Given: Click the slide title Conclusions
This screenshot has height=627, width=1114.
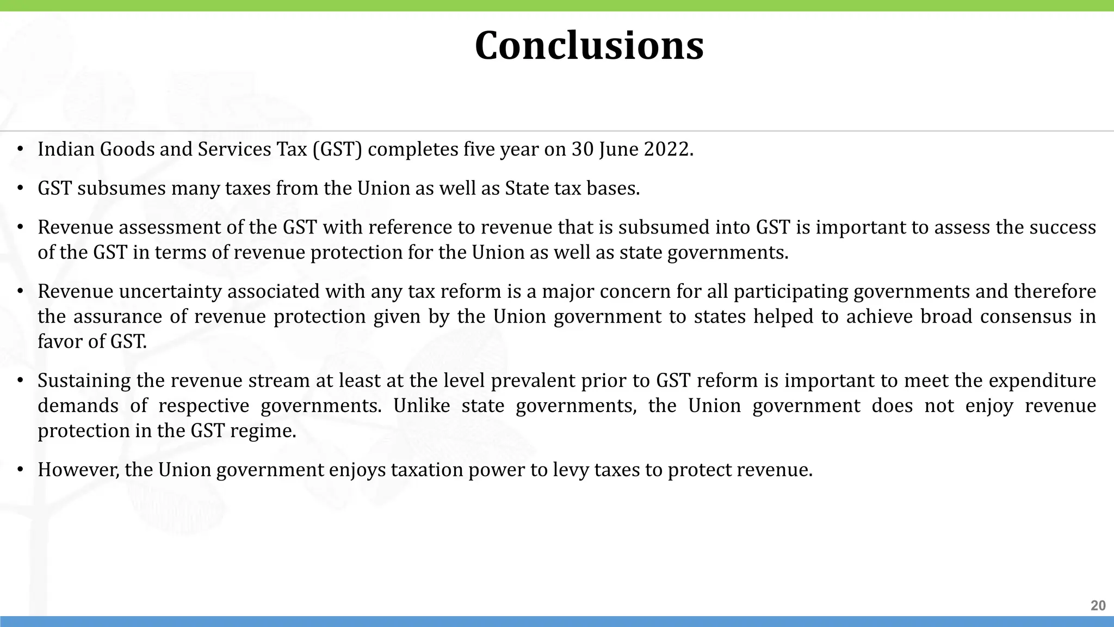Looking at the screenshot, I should pos(589,46).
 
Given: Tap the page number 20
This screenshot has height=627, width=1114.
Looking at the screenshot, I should pos(1098,606).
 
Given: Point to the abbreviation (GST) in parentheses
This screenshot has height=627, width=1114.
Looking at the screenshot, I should pos(337,149).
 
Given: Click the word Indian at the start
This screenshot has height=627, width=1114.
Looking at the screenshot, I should pos(66,149).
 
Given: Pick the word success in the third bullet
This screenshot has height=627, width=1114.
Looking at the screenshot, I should pos(1065,227).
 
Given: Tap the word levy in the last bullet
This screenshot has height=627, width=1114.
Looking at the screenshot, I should pos(571,470).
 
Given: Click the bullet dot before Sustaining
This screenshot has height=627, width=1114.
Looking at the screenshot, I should pos(20,380).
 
